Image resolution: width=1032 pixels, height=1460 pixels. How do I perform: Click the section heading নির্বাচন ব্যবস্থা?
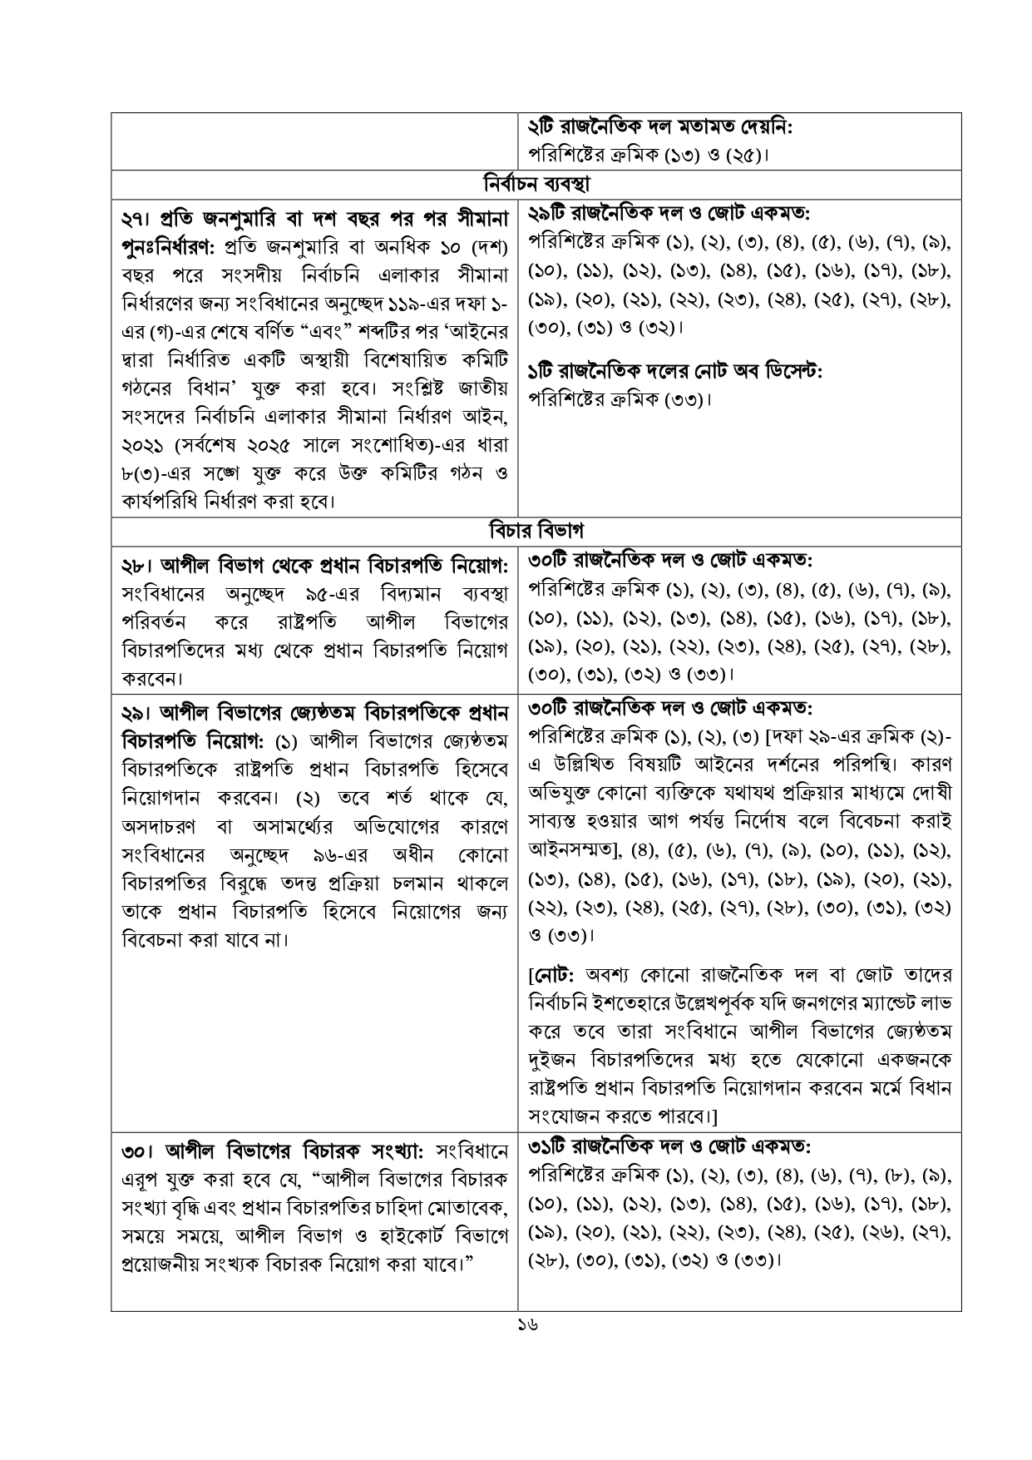pyautogui.click(x=536, y=182)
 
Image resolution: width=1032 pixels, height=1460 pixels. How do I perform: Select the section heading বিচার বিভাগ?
pyautogui.click(x=536, y=529)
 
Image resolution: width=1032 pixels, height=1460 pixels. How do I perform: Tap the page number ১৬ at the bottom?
pyautogui.click(x=526, y=1324)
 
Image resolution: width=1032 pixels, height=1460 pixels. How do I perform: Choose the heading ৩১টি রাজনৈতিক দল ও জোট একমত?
pyautogui.click(x=669, y=1147)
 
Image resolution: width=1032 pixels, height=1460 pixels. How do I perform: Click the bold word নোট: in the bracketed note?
pyautogui.click(x=556, y=974)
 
